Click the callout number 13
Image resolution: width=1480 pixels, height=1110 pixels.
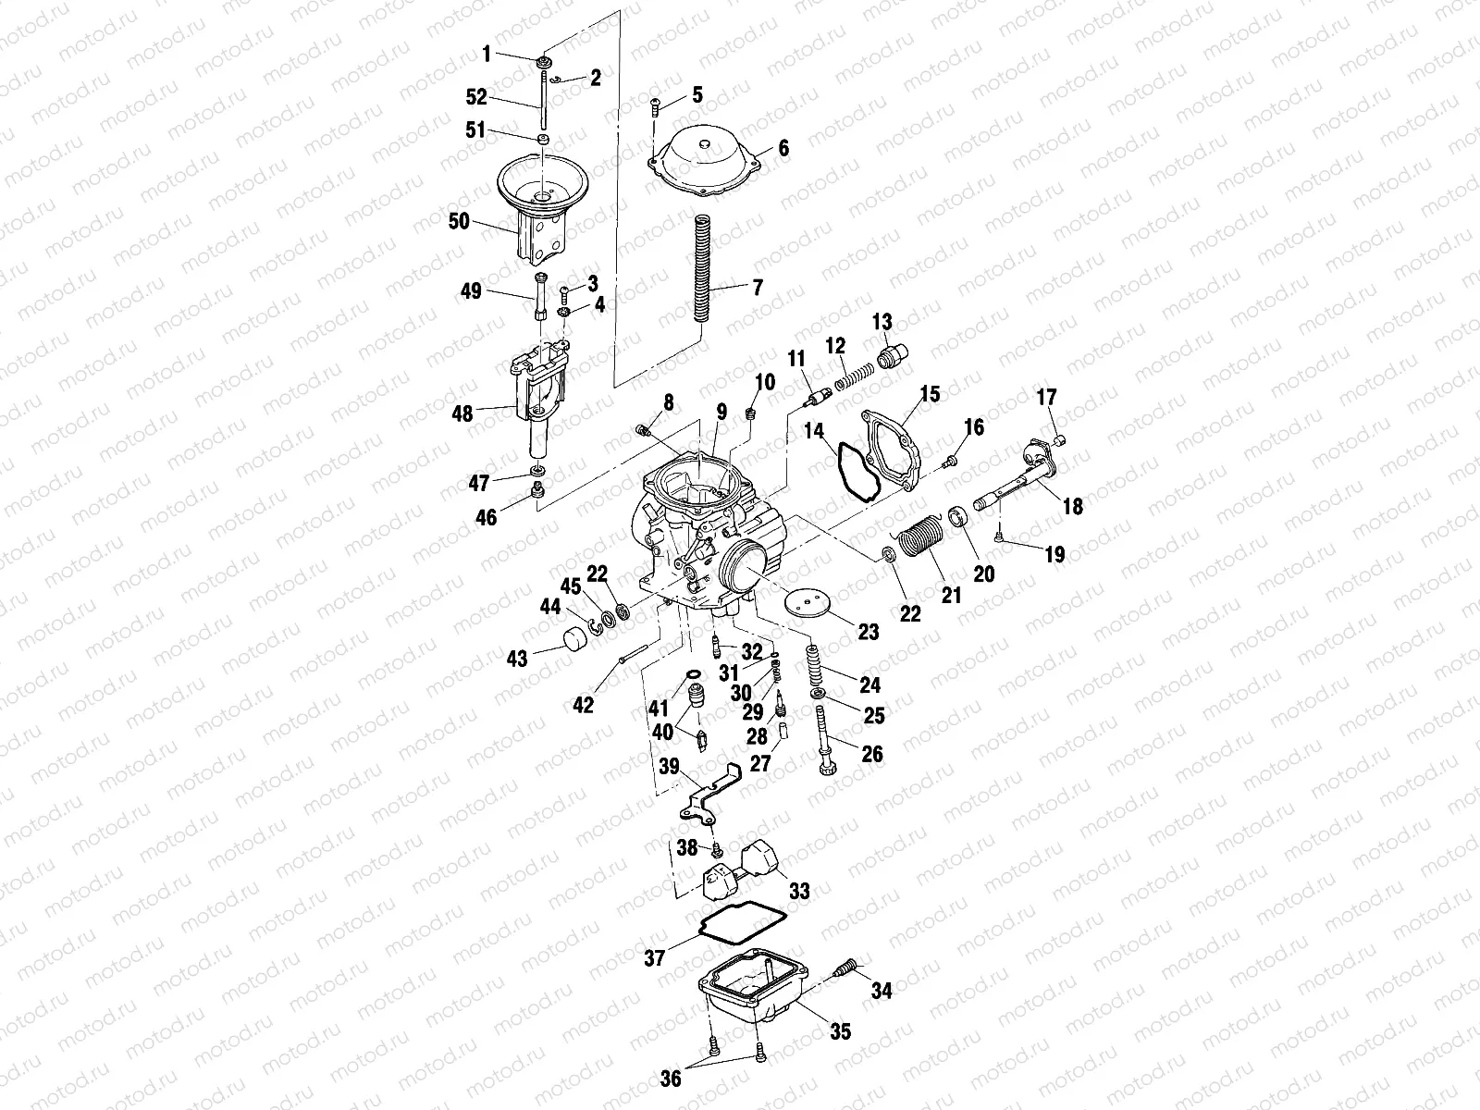tap(882, 322)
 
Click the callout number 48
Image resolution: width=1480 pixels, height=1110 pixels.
tap(462, 413)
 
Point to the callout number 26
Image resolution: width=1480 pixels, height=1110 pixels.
tap(871, 755)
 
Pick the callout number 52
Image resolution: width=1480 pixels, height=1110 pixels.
tap(476, 95)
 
